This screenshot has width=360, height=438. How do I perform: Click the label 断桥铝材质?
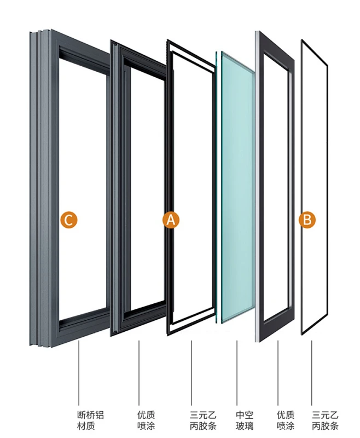point(90,420)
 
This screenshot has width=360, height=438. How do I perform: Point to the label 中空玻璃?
point(245,420)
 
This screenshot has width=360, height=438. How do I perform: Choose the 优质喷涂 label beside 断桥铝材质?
point(146,420)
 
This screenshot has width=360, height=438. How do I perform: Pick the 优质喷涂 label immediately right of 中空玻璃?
point(286,420)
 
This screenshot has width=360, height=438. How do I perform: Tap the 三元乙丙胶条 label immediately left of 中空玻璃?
point(203,420)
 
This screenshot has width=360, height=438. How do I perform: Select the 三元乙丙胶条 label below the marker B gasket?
point(325,420)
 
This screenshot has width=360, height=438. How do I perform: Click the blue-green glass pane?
point(238,187)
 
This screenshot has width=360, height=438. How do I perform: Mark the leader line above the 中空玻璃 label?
point(237,373)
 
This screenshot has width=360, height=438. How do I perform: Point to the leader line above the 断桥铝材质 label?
point(79,373)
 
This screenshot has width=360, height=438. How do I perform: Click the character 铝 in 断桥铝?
point(100,415)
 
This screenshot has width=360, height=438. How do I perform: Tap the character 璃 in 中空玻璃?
point(249,426)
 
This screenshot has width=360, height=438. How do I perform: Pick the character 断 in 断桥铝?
point(82,415)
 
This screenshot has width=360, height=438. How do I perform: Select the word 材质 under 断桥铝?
point(86,426)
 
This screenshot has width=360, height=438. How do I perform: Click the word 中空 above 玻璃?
point(245,415)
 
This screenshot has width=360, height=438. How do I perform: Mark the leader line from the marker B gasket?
point(312,373)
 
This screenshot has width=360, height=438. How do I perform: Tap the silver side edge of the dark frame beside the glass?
point(257,187)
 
